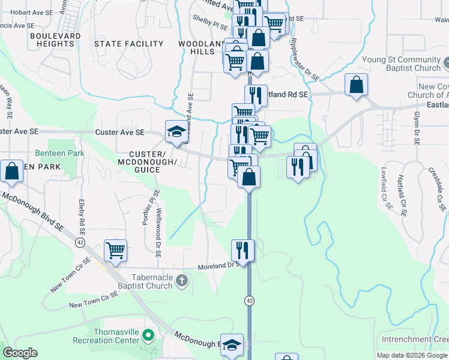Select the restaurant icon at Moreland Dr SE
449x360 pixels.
click(243, 249)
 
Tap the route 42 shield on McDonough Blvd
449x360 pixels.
click(80, 242)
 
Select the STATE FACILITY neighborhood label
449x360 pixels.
click(129, 44)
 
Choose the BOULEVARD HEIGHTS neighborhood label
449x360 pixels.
click(55, 40)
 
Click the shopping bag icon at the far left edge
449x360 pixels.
click(11, 171)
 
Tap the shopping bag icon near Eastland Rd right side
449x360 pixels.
click(356, 85)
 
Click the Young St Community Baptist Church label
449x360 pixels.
click(401, 64)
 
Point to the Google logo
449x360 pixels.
click(20, 352)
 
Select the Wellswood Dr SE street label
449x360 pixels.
click(158, 224)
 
